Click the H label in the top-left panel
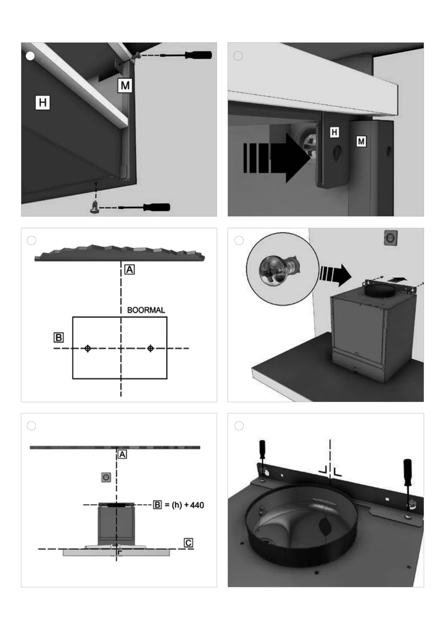pos(43,103)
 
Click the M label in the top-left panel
pos(125,86)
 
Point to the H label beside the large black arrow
pos(334,132)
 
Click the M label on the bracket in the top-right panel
pos(361,141)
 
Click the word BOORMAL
pos(146,310)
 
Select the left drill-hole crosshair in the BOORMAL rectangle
pos(88,348)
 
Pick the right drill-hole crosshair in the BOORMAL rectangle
pos(151,348)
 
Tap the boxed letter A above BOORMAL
pos(129,269)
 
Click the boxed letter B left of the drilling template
pos(59,337)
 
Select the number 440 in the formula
pos(197,505)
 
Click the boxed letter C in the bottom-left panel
pos(188,542)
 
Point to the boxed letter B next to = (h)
pos(158,505)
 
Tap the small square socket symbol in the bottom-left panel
pos(106,477)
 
